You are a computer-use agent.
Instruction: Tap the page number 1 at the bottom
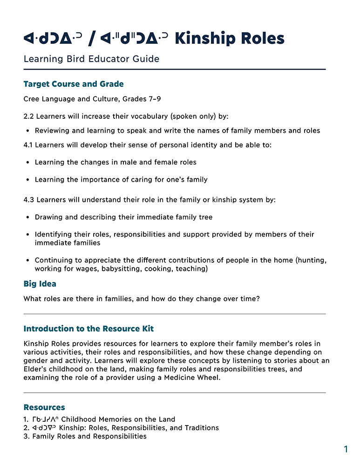[346, 449]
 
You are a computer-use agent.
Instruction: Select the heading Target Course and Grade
[74, 84]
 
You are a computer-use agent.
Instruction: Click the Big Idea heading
[40, 283]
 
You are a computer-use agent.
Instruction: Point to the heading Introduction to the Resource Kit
[88, 329]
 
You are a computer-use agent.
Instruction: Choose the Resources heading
[44, 407]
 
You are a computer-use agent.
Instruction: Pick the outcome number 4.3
[29, 200]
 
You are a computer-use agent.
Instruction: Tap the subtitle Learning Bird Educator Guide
[91, 59]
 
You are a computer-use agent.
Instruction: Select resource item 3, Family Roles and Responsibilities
[89, 436]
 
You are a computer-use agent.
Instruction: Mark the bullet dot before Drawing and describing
[28, 217]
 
